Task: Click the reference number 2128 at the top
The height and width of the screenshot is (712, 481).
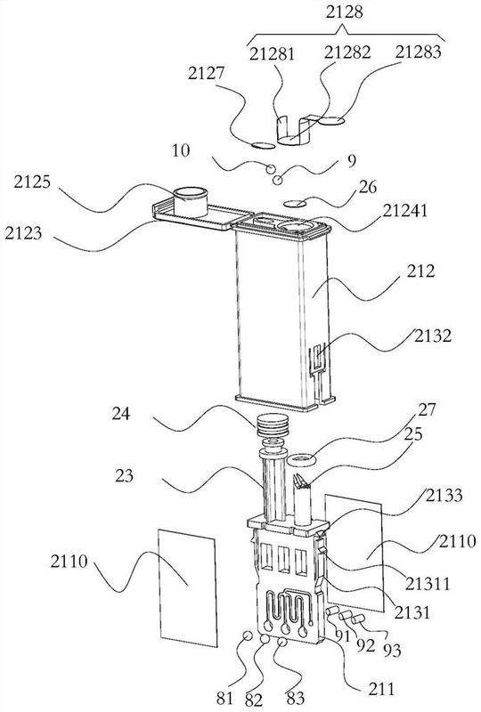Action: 344,12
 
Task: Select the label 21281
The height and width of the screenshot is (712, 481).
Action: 272,54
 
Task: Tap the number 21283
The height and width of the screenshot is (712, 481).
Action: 418,52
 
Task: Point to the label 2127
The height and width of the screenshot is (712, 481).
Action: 206,74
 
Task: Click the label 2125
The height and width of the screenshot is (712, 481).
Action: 32,182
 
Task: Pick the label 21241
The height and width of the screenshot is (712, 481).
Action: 404,210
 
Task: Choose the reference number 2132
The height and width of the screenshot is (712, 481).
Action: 432,336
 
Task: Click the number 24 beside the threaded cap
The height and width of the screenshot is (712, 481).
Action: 121,414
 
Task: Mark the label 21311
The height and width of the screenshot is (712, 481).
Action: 428,583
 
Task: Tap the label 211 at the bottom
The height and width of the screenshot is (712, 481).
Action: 381,689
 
